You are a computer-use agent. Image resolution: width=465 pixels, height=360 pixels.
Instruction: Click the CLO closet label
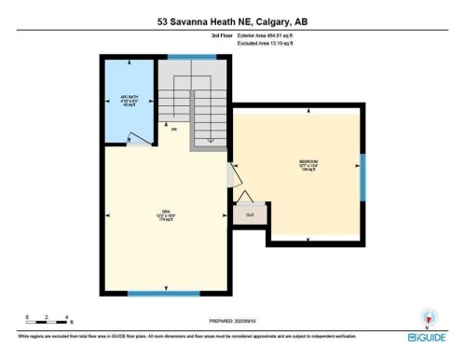point(249,215)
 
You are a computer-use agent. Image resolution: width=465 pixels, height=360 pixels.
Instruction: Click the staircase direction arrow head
point(211,140)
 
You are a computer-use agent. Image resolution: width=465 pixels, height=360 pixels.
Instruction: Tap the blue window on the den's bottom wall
point(164,294)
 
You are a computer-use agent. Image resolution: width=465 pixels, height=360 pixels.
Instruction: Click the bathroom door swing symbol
point(138,139)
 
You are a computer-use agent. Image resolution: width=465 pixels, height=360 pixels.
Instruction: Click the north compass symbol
point(428,316)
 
